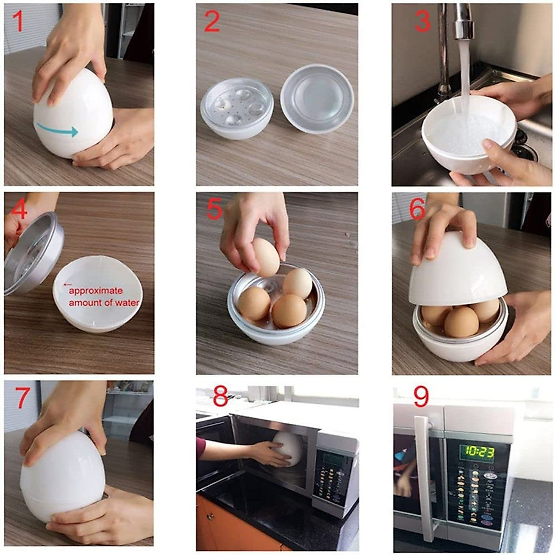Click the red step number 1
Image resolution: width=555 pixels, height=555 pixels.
click(18, 21)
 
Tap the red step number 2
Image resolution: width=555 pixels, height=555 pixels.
click(212, 21)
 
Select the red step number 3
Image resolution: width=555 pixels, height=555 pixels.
click(422, 21)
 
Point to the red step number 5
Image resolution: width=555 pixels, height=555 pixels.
click(215, 209)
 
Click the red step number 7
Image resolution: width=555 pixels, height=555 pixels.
click(23, 398)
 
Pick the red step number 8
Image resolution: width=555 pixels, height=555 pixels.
click(220, 397)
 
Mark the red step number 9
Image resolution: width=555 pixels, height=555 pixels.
click(421, 397)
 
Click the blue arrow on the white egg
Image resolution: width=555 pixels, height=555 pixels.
click(57, 131)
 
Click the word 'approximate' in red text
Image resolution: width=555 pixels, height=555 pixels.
click(96, 291)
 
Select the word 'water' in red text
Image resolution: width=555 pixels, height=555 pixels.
click(127, 303)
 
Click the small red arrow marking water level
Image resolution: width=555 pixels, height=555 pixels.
click(68, 285)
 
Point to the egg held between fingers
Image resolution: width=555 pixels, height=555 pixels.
click(266, 257)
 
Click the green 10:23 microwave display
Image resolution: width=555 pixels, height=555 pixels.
click(476, 451)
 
